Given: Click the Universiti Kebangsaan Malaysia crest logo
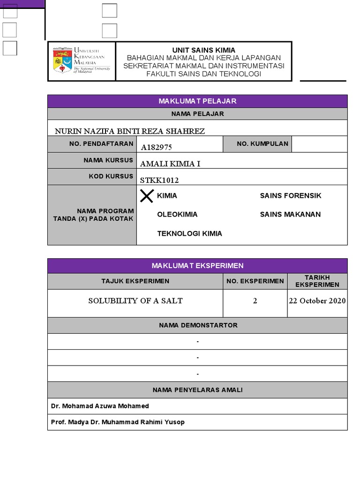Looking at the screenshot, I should click(62, 60).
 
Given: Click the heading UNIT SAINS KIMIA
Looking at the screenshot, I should click(203, 50).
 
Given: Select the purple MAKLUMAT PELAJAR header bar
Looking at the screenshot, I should click(197, 101).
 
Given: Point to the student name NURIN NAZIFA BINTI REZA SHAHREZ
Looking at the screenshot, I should click(130, 131).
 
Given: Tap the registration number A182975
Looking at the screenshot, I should click(157, 147).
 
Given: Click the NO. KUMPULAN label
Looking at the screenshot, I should click(262, 144).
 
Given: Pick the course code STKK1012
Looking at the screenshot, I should click(159, 180).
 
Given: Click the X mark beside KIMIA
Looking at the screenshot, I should click(147, 196).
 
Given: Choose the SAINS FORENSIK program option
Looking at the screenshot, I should click(291, 195).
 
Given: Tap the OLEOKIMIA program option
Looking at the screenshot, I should click(177, 214).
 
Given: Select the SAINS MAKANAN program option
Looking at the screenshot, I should click(290, 214).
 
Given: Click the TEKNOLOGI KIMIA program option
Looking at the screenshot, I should click(189, 233).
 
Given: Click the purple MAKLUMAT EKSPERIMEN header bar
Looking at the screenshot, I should click(197, 266).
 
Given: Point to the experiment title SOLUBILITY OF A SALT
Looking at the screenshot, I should click(135, 301).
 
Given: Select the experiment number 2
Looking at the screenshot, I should click(255, 301).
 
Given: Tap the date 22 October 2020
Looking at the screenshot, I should click(317, 301).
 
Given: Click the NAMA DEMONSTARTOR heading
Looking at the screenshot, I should click(197, 325).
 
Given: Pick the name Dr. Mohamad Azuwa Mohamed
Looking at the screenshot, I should click(100, 406).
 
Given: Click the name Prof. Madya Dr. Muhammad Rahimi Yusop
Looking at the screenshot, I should click(118, 422).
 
